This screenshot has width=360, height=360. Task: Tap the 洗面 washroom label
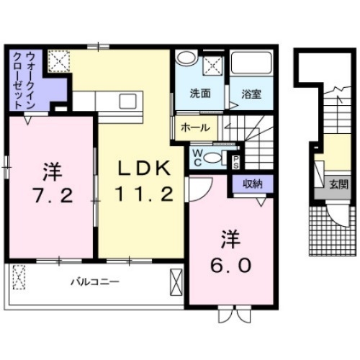coord(199,93)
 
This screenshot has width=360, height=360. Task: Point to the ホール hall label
coord(195,127)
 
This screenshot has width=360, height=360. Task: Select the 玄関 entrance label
coord(338,184)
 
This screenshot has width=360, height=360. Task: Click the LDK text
coord(144,168)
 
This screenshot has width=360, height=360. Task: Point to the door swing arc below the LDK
coord(198,189)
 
